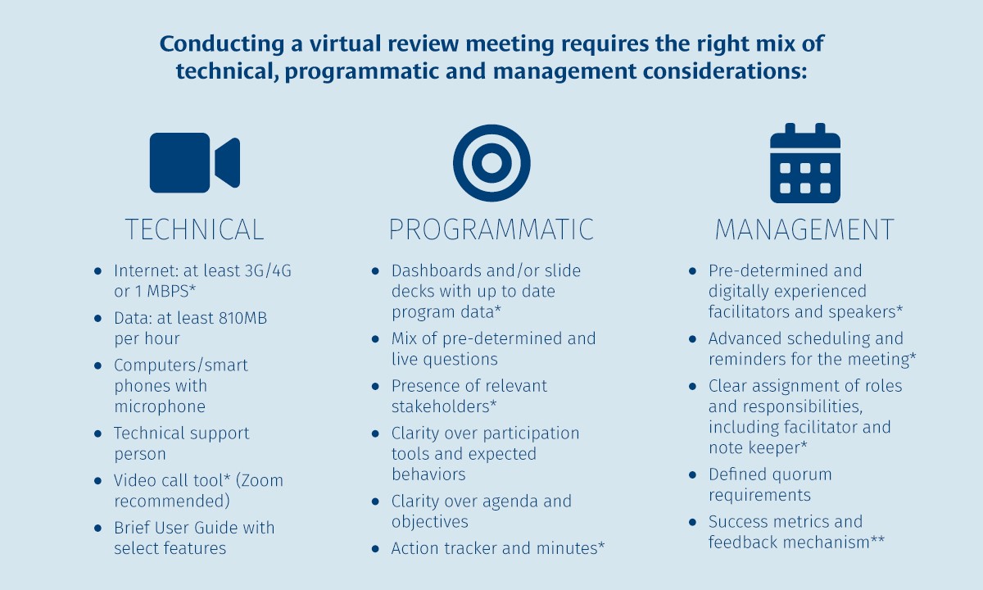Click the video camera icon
[x=194, y=163]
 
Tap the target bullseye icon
[x=491, y=163]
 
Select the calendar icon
[x=804, y=163]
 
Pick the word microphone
[x=160, y=406]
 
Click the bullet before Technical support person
[x=98, y=433]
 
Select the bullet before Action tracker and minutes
[x=375, y=548]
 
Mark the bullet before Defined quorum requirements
[x=693, y=474]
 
